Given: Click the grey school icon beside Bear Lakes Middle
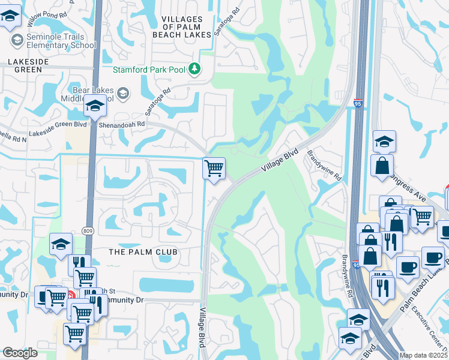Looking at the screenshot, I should pos(123,92).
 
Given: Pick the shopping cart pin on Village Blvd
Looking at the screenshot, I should pos(214,168).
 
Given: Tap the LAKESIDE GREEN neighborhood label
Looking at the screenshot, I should pos(25,65).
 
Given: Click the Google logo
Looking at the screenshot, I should pos(20,353).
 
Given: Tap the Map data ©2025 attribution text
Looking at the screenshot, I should pos(423,356).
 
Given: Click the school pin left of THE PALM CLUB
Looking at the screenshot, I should pos(61,245).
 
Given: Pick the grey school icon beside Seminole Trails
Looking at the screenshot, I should pos(17,40).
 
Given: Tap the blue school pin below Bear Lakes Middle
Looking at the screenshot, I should pos(94,106).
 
